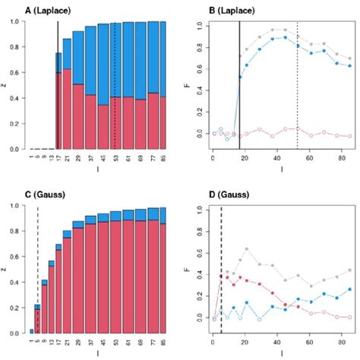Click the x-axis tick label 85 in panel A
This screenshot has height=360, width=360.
[163, 159]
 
